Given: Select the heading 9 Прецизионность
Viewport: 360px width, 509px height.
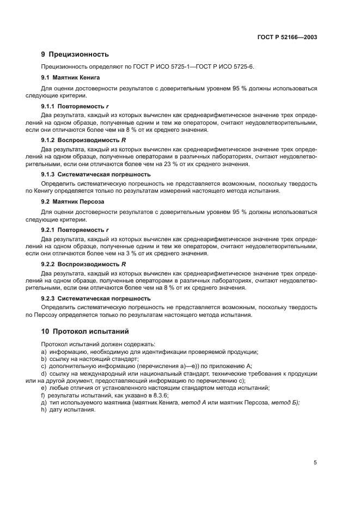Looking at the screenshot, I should (75, 54).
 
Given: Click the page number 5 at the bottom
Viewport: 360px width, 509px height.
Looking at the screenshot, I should (315, 462).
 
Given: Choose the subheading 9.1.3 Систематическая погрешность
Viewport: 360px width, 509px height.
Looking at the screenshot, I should (96, 174).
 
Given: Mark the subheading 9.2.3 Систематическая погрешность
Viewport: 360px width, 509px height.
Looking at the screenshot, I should (96, 298).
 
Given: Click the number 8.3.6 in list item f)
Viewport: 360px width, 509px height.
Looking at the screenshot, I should (158, 395).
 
